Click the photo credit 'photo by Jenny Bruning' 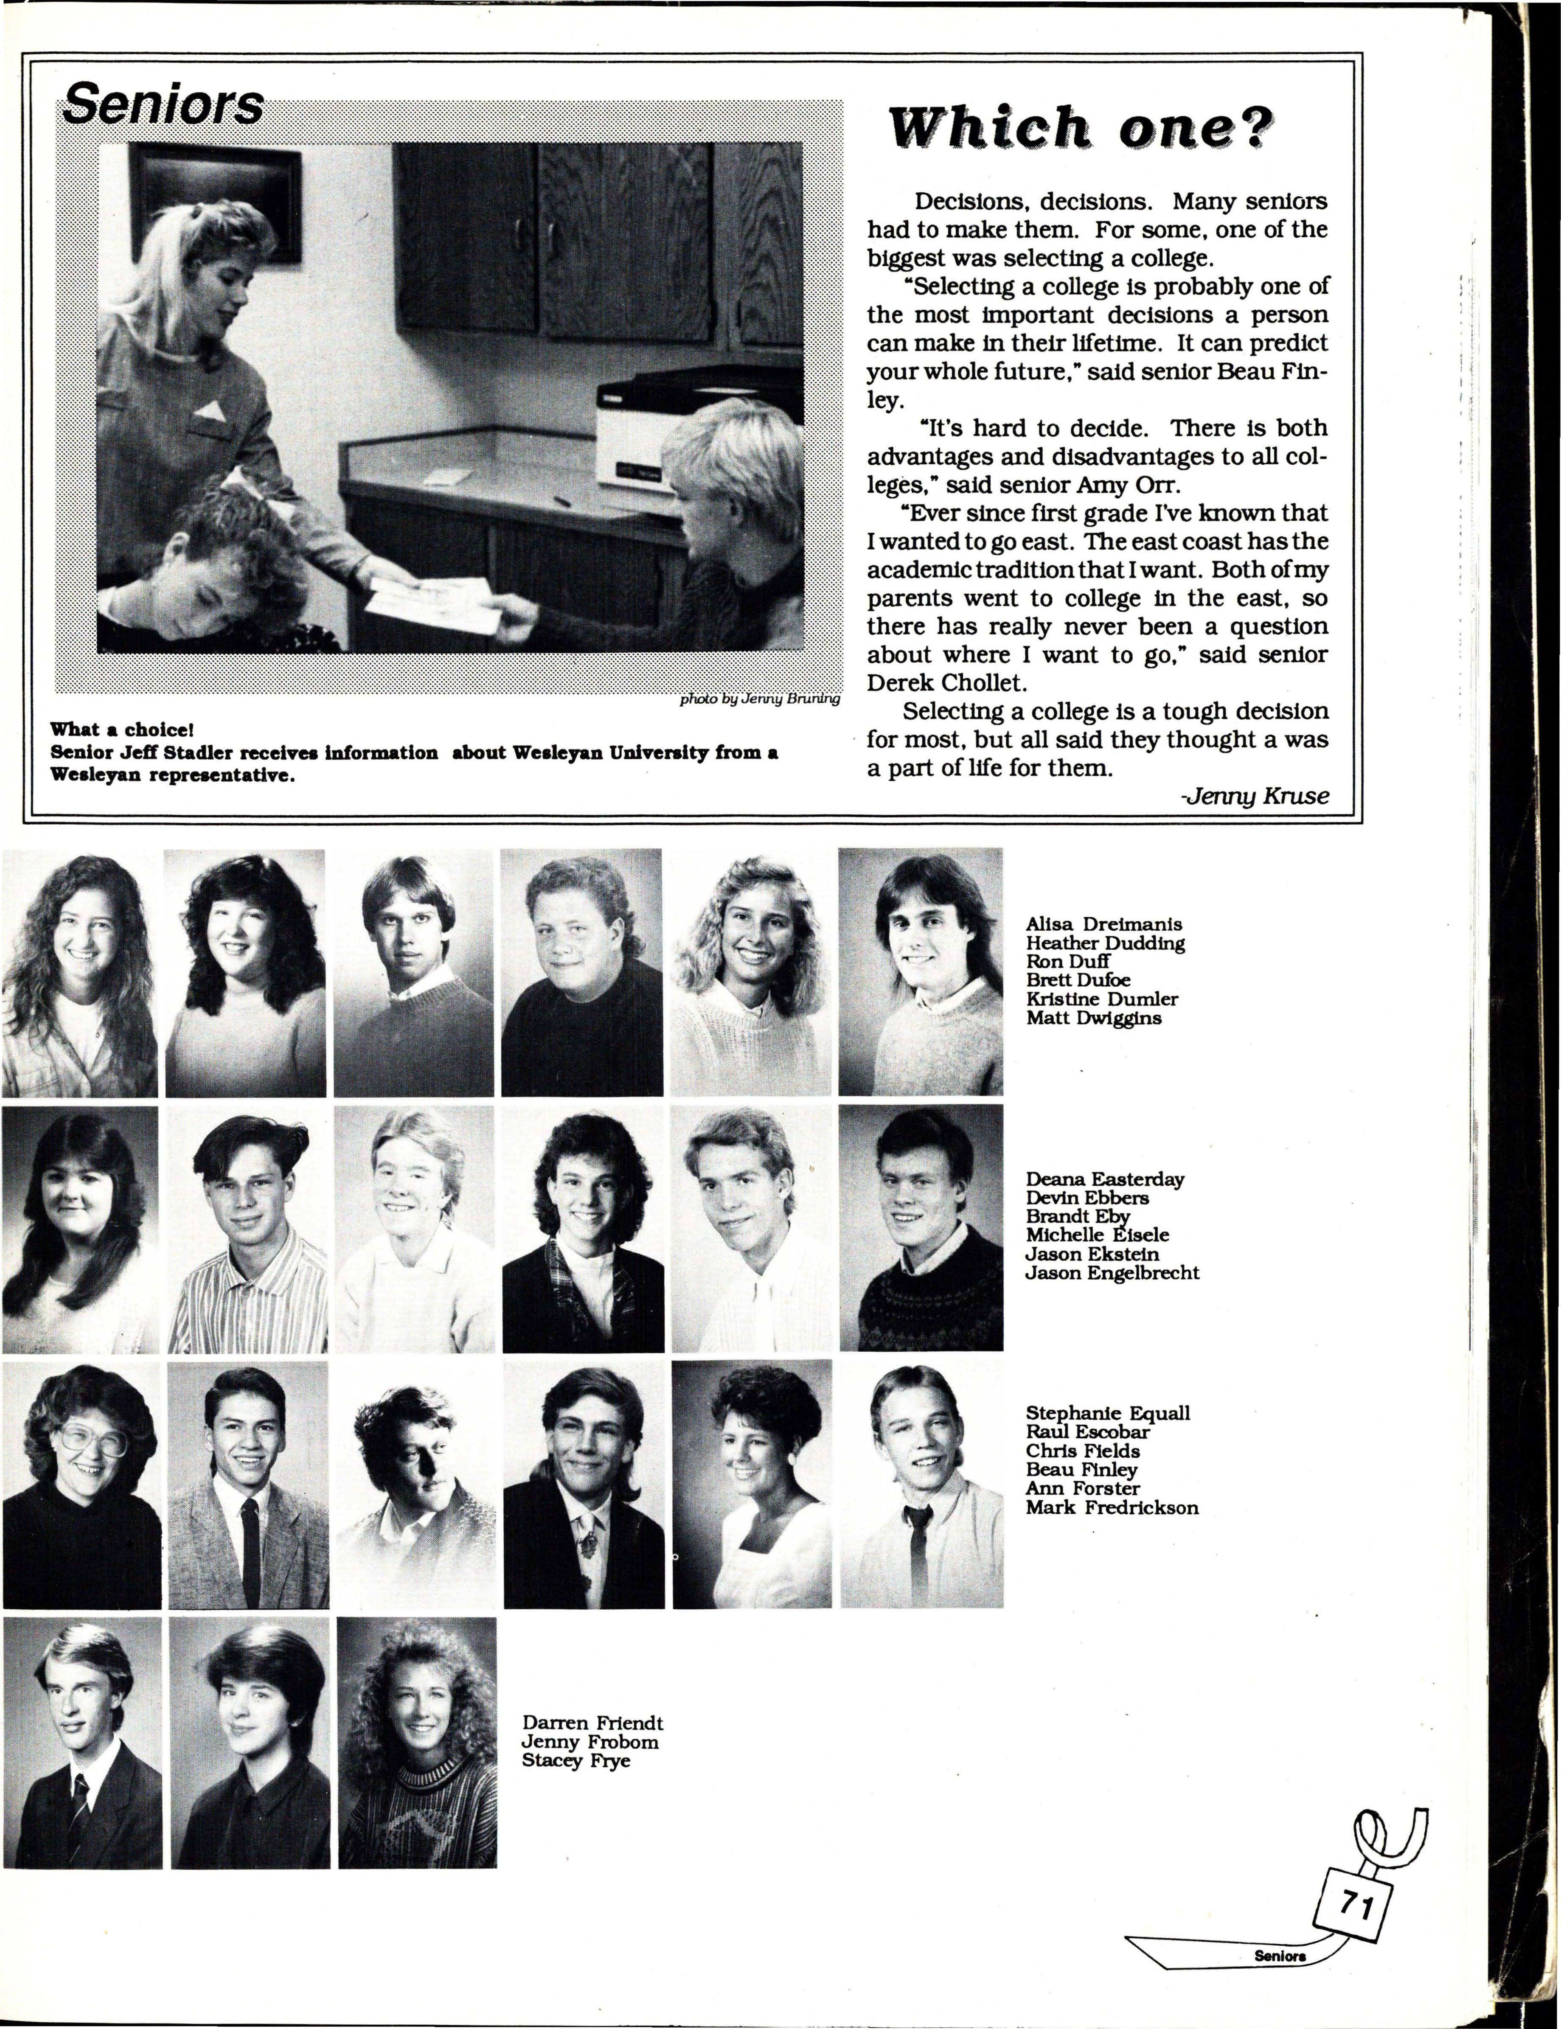(760, 699)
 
